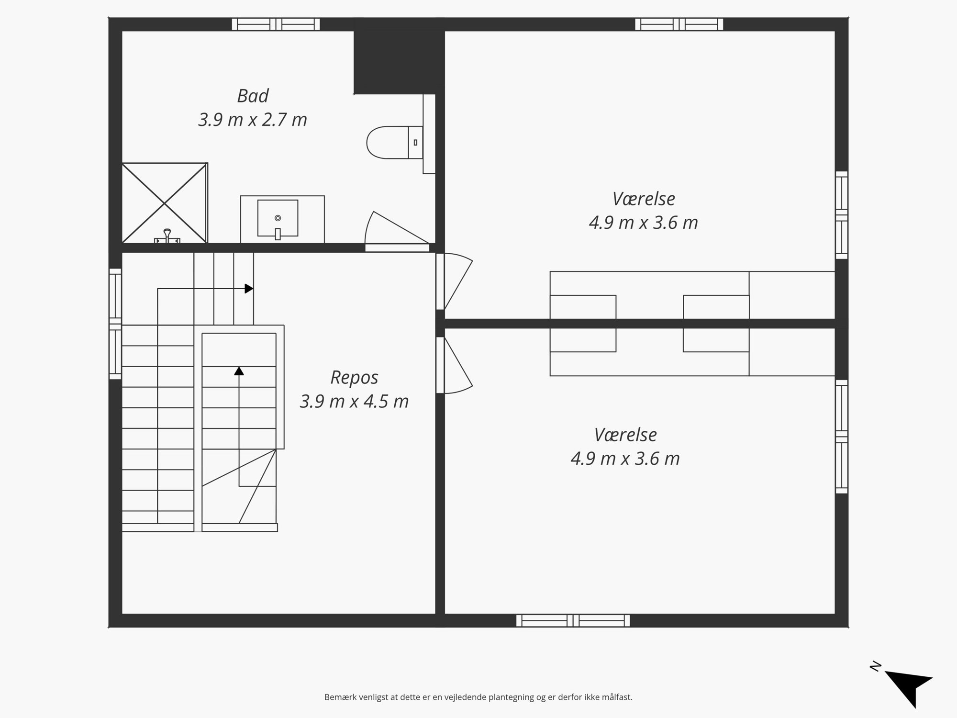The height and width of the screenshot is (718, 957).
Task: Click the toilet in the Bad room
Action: click(395, 142)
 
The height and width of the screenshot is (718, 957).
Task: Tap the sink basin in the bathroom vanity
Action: click(278, 218)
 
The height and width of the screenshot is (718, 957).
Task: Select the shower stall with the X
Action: click(165, 203)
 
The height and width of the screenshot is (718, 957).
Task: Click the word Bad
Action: click(253, 96)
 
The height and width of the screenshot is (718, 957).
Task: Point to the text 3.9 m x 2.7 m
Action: click(253, 120)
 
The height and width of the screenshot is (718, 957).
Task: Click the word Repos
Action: click(354, 378)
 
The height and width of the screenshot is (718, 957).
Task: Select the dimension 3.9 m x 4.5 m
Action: click(354, 401)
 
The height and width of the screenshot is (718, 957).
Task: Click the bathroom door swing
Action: click(397, 231)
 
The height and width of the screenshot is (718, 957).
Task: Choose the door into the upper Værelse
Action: click(454, 281)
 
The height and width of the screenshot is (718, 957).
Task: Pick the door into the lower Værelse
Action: click(454, 366)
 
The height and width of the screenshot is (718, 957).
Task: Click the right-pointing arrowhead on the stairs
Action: click(249, 289)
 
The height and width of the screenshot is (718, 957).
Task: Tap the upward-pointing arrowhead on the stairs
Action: click(239, 370)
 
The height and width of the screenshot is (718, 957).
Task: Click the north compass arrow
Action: click(909, 687)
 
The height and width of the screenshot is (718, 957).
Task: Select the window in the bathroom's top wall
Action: click(276, 24)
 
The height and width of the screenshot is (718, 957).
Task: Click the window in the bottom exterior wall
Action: click(573, 621)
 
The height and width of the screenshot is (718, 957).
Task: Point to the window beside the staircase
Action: click(115, 324)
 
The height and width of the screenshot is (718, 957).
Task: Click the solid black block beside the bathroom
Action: click(399, 56)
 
